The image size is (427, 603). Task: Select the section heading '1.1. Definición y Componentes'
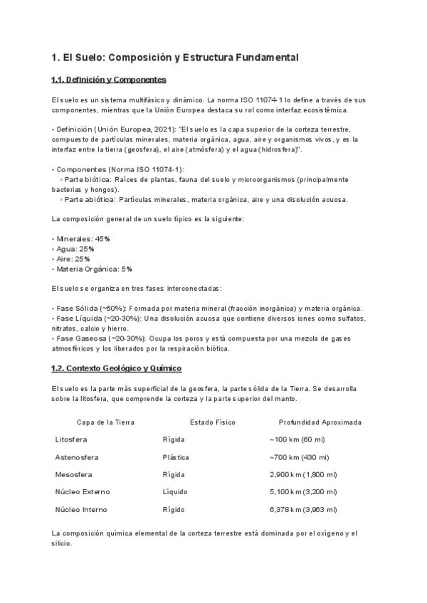tap(109, 80)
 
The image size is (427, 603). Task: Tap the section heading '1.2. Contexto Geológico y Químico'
tap(116, 368)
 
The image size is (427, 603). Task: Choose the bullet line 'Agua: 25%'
tap(74, 249)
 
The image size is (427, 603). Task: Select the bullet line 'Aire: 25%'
tap(73, 259)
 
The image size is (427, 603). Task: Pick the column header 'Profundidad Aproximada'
tap(320, 422)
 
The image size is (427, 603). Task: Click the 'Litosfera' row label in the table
tap(71, 439)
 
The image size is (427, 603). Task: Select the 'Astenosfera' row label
tap(77, 457)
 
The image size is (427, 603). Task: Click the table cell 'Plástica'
tap(176, 457)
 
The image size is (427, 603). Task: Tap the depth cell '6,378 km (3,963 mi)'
tap(303, 509)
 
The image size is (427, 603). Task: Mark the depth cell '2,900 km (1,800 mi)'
tap(303, 474)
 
